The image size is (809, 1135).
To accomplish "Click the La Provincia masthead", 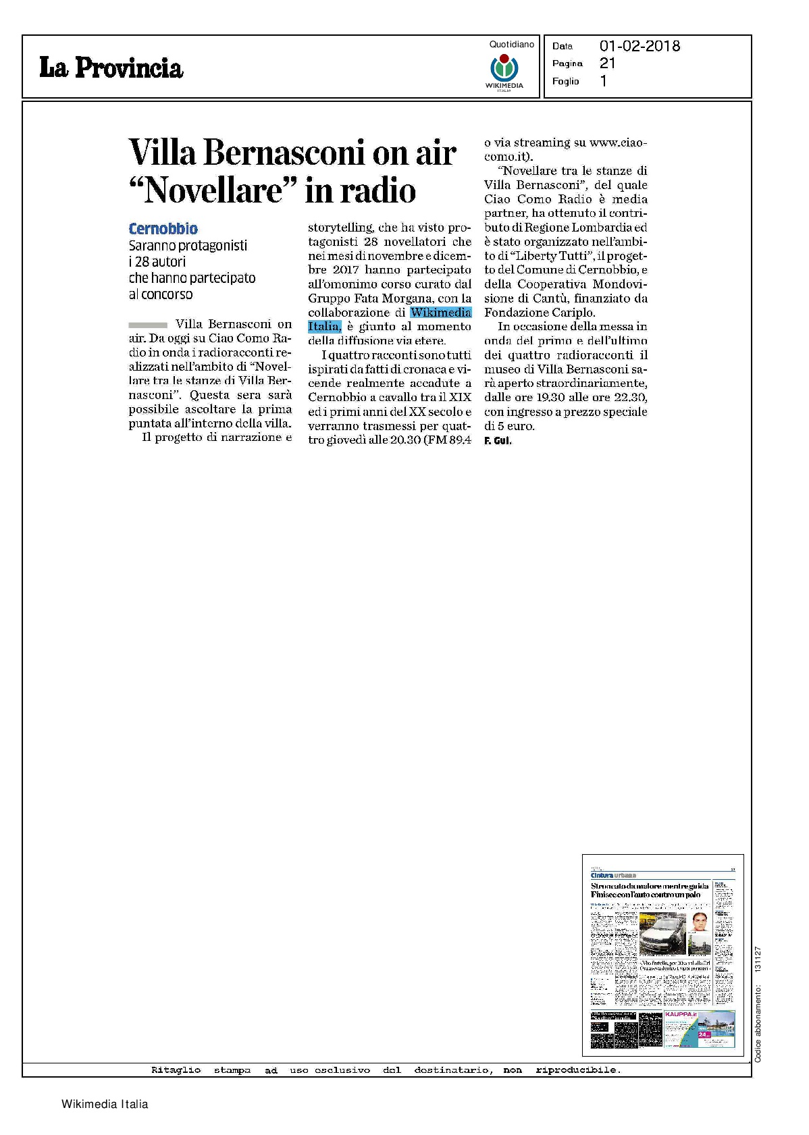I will (x=111, y=68).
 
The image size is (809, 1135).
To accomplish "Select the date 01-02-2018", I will (x=640, y=46).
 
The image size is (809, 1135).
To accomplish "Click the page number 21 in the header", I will (x=607, y=63).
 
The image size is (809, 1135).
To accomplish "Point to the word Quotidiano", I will (x=511, y=45).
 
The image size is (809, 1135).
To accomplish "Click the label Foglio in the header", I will (x=565, y=81).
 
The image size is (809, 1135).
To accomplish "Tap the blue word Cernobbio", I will (x=163, y=229).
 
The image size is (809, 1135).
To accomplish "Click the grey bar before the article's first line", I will (x=147, y=325).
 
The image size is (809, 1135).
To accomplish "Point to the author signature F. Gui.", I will (x=498, y=441).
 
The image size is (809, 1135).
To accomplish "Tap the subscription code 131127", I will (x=758, y=958).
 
